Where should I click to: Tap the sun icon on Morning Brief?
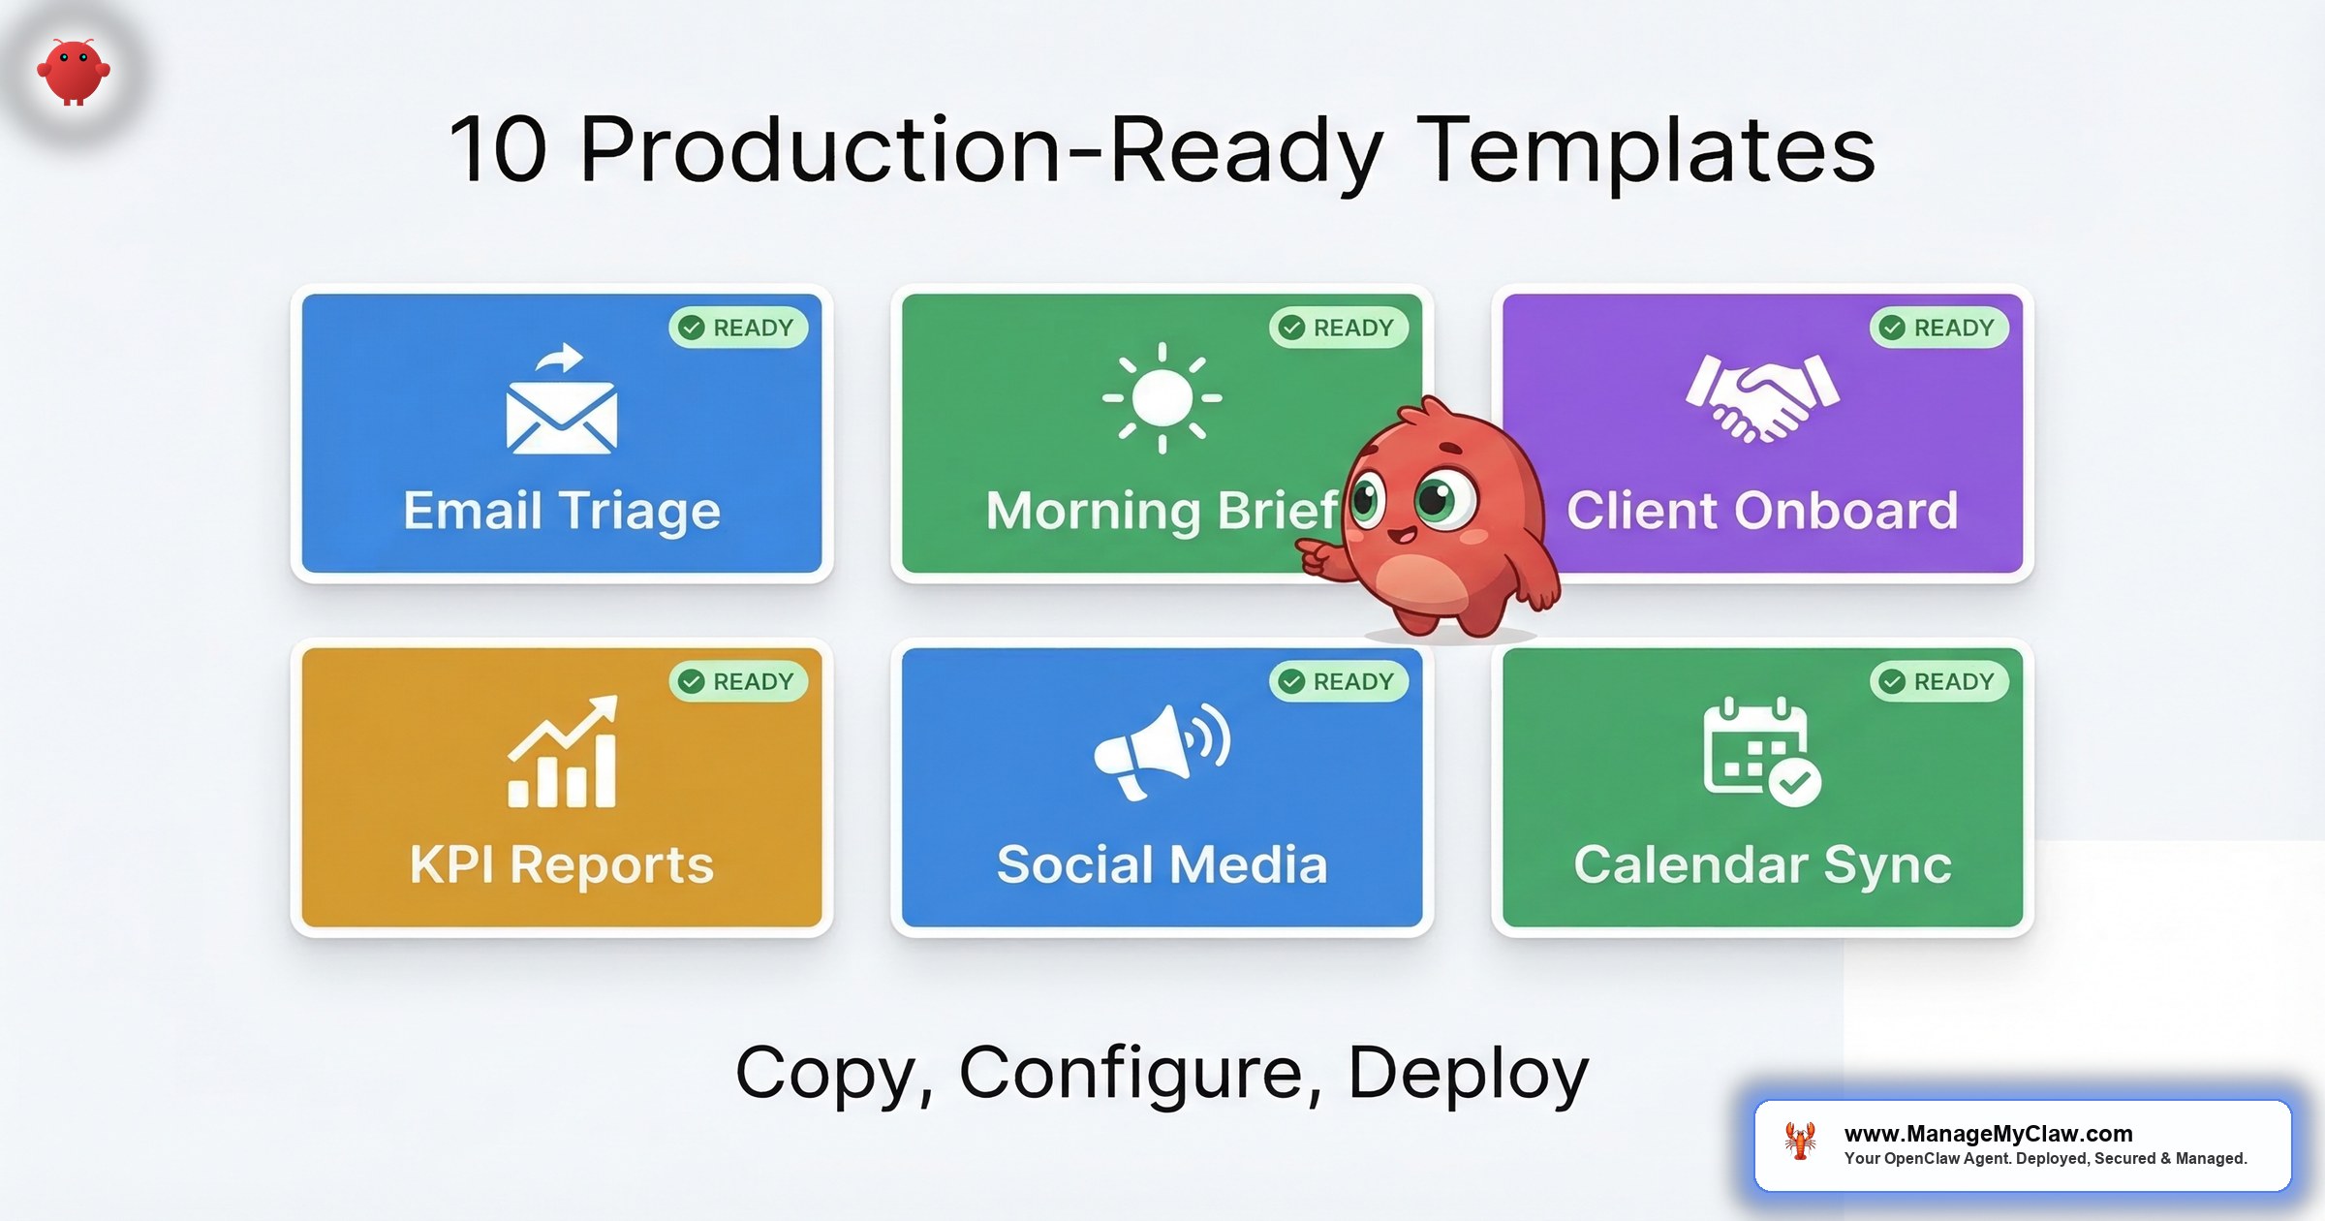tap(1162, 398)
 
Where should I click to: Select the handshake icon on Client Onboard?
tap(1762, 398)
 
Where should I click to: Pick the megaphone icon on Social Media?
tap(1161, 751)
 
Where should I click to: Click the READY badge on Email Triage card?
tap(738, 328)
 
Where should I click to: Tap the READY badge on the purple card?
tap(1938, 328)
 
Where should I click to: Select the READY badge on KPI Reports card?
tap(738, 681)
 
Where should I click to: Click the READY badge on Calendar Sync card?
tap(1938, 681)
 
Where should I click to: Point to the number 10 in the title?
tap(499, 150)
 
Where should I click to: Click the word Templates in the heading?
tap(1646, 150)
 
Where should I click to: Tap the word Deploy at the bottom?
tap(1468, 1073)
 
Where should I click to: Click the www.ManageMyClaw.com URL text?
tap(1988, 1133)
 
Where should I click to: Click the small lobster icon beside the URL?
tap(1800, 1142)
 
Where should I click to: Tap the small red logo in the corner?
tap(74, 71)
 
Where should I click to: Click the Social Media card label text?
tap(1162, 864)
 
